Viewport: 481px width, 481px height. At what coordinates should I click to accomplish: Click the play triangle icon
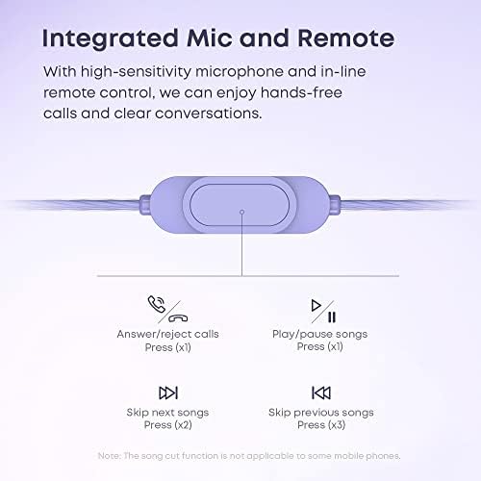[315, 307]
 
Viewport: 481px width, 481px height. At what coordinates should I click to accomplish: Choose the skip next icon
[167, 392]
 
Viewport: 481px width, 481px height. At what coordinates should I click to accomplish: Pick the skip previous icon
[319, 392]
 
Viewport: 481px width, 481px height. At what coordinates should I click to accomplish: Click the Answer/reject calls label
[167, 335]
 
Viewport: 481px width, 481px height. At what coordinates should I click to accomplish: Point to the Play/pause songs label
[319, 335]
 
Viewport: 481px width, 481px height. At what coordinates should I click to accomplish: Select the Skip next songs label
[167, 413]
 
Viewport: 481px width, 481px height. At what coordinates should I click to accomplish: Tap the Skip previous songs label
[319, 413]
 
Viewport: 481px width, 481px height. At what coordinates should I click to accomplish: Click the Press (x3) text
[319, 425]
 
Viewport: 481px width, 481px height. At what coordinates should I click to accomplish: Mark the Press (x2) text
[167, 425]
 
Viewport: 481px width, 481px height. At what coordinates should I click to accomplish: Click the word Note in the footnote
[109, 455]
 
